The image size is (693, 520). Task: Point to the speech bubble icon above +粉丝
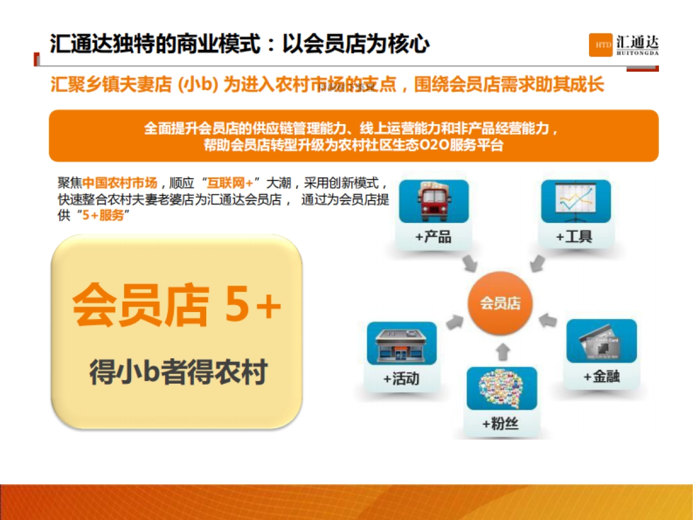click(501, 388)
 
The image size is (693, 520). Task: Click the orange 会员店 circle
click(501, 303)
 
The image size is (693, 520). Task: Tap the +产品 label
click(433, 237)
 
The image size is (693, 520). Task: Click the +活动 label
click(401, 379)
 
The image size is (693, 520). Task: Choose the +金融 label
click(601, 377)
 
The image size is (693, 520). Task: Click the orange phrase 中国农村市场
click(120, 183)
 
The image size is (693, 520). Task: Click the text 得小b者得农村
click(178, 372)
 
